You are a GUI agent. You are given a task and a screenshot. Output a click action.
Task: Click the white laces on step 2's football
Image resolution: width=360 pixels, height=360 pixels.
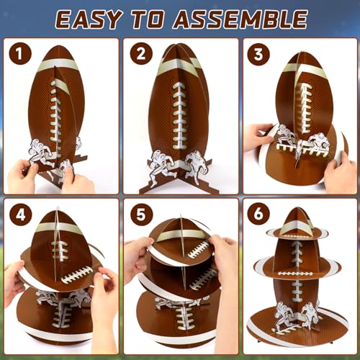[x=179, y=115]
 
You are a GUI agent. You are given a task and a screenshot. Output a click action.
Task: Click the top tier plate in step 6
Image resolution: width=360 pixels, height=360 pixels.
[x=297, y=232]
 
